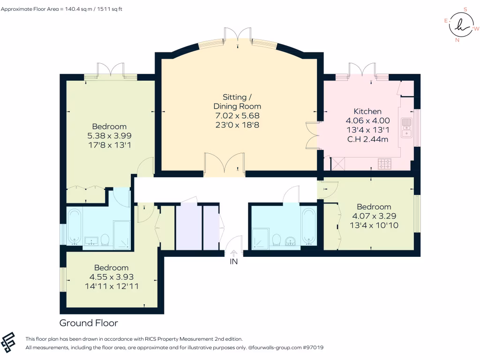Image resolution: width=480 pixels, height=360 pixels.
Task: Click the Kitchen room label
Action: pyautogui.click(x=367, y=112)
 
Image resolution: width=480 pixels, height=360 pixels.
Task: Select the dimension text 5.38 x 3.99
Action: pyautogui.click(x=109, y=135)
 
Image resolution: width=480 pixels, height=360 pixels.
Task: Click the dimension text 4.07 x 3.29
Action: pyautogui.click(x=374, y=216)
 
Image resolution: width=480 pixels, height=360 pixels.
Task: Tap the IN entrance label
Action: pyautogui.click(x=233, y=262)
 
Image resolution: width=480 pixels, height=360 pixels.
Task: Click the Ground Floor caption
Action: pyautogui.click(x=89, y=323)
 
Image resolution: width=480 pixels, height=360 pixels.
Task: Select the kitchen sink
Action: pyautogui.click(x=406, y=128)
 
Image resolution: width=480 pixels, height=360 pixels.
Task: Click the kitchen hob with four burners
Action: pyautogui.click(x=385, y=164)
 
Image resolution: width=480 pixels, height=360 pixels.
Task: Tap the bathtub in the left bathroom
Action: pyautogui.click(x=75, y=227)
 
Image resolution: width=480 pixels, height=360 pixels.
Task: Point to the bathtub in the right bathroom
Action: pyautogui.click(x=308, y=227)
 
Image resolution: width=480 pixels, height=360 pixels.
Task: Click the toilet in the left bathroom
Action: pyautogui.click(x=105, y=240)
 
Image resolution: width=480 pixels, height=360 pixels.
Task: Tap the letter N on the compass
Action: pyautogui.click(x=457, y=40)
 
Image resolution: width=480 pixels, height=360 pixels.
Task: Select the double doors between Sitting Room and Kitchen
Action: pyautogui.click(x=311, y=135)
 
